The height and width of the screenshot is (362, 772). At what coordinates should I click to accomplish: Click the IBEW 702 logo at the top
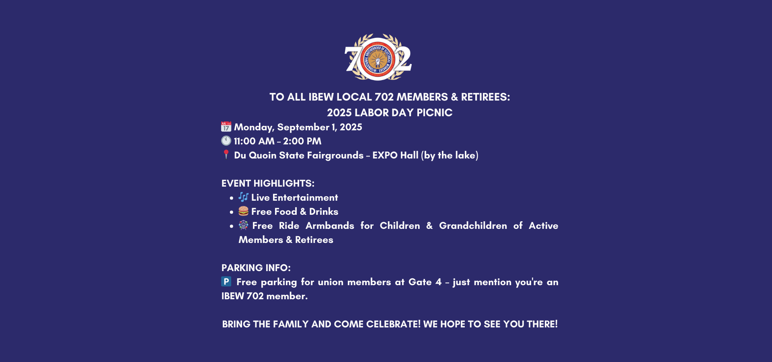pos(378,57)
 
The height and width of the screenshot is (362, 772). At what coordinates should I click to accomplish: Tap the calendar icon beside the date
pos(226,127)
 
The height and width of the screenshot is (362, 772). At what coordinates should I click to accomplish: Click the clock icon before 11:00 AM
pos(226,141)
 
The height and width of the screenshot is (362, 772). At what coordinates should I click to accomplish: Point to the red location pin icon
pos(226,154)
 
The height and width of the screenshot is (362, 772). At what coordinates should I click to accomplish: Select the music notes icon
pos(243,197)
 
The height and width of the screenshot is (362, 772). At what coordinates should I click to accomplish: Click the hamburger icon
pos(243,211)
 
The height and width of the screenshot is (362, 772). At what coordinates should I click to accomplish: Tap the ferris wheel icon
pos(243,225)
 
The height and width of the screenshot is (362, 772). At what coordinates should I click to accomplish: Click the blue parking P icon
pos(226,282)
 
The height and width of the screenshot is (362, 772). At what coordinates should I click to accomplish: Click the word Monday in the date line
pos(254,128)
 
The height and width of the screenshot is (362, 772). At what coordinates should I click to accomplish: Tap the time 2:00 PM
pos(302,141)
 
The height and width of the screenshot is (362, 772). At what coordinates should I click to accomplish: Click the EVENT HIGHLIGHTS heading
pos(268,183)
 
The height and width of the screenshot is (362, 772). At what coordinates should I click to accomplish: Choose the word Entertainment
pos(305,197)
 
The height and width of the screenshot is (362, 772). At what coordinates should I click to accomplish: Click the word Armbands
pos(330,226)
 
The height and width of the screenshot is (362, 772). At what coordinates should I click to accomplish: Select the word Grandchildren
pos(473,226)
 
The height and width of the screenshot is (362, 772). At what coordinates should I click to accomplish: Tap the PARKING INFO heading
pos(256,268)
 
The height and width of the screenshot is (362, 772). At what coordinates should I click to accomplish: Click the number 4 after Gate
pos(438,282)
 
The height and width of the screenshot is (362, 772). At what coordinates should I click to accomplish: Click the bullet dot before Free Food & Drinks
pos(232,212)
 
